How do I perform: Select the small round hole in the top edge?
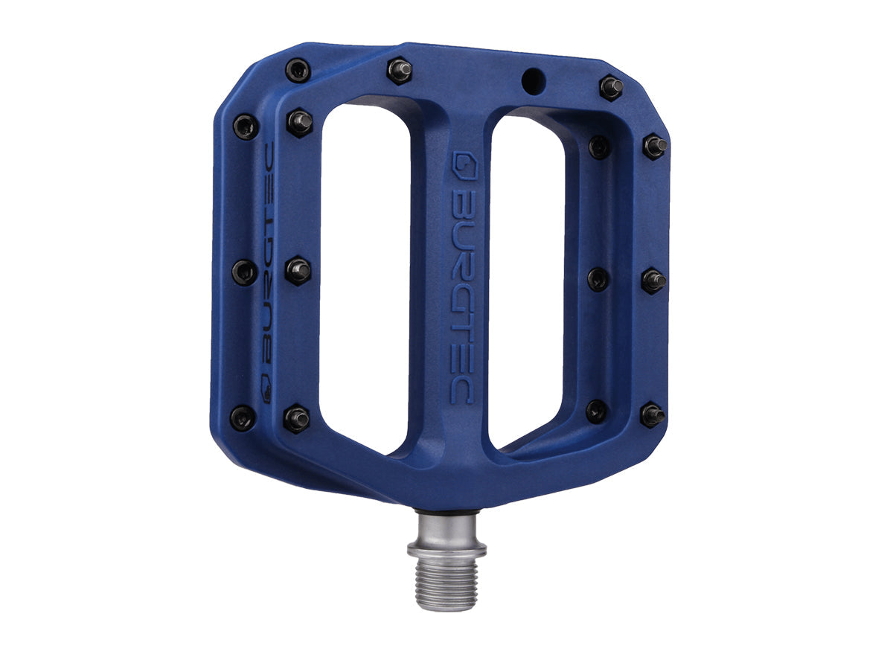click(531, 80)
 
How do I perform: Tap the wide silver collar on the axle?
click(446, 550)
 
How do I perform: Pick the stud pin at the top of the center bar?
click(400, 71)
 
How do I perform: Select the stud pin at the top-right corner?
click(612, 87)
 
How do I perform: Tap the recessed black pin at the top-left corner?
click(298, 71)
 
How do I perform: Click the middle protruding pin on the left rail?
click(298, 270)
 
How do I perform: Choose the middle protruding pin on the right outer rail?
click(653, 280)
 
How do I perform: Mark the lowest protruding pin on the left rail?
click(296, 418)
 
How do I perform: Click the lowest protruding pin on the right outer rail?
click(652, 414)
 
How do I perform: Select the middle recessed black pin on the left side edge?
click(244, 272)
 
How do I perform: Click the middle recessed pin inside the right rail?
click(598, 279)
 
